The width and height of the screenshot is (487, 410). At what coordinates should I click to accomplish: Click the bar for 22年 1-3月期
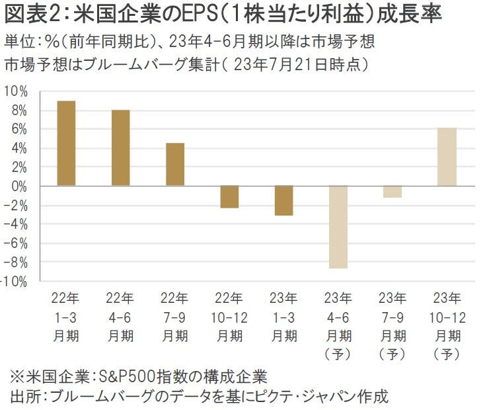click(66, 143)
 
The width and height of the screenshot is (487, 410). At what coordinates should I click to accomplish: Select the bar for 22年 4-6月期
click(120, 147)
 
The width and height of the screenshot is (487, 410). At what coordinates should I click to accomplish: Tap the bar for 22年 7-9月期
click(175, 164)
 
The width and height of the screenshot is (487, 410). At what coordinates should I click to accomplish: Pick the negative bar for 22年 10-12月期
click(229, 197)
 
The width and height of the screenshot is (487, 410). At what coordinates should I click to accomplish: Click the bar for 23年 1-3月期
click(283, 200)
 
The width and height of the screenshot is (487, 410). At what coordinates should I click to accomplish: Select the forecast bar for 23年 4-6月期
click(338, 227)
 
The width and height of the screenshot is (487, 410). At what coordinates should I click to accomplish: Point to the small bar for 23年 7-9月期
click(393, 192)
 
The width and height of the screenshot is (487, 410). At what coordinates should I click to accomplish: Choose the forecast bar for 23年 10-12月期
click(447, 156)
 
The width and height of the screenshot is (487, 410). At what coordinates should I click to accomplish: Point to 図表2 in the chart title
click(28, 15)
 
